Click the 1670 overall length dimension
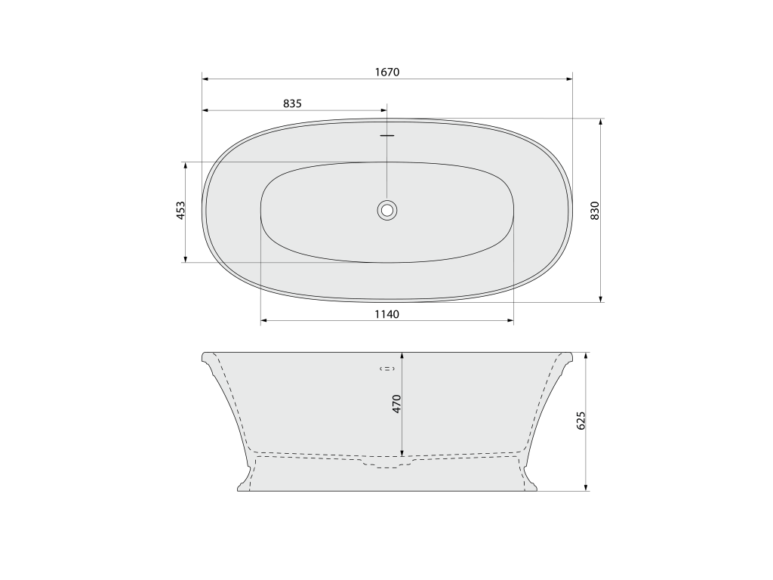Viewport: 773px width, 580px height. pos(387,72)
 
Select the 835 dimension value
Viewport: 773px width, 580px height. pos(292,103)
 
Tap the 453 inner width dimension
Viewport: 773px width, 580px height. pos(181,210)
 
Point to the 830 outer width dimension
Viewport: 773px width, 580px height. pos(595,211)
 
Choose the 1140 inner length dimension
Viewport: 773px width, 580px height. pos(387,314)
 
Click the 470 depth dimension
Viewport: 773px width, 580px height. pos(397,404)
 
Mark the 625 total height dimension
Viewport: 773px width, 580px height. pos(581,420)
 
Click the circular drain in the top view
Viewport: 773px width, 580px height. pos(387,210)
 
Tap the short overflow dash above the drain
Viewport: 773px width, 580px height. pos(387,134)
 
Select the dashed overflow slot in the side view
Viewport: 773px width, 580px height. pos(387,369)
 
